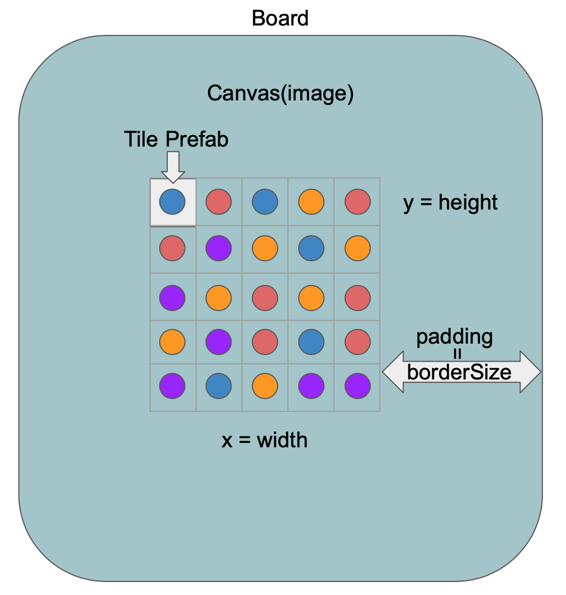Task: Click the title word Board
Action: [280, 18]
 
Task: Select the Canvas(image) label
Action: [280, 93]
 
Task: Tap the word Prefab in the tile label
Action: [197, 140]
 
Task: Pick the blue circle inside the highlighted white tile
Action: [172, 202]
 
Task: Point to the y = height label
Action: [450, 202]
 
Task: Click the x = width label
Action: [265, 440]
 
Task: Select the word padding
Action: [455, 337]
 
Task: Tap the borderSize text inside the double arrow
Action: [459, 372]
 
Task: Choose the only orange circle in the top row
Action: [311, 202]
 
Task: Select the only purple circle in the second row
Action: [218, 249]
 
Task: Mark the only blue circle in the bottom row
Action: [218, 386]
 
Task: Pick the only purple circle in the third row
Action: [172, 297]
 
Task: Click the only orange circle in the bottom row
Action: [265, 386]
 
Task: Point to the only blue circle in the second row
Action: [311, 249]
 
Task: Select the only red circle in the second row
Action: [172, 249]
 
